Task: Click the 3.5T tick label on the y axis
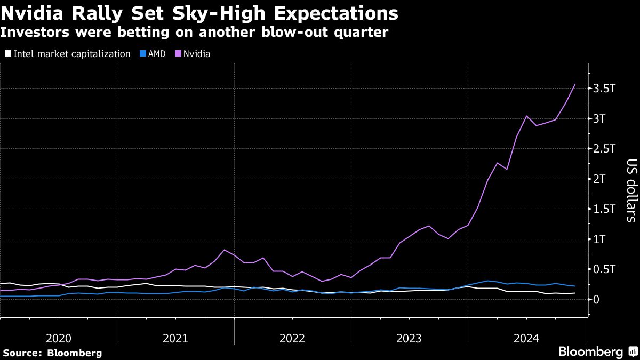[x=604, y=89]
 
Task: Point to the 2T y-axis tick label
[x=601, y=179]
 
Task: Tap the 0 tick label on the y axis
[x=596, y=300]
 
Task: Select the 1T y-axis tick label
[x=601, y=239]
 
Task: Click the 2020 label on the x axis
[x=59, y=338]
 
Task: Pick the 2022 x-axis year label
[x=292, y=338]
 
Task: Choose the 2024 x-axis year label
[x=526, y=338]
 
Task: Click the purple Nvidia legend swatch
[x=178, y=54]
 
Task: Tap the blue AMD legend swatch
[x=142, y=54]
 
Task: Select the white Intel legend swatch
[x=7, y=54]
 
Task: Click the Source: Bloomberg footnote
[x=52, y=353]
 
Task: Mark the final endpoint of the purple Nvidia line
[x=574, y=84]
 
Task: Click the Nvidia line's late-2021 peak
[x=224, y=250]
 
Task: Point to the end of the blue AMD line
[x=574, y=286]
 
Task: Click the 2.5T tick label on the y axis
[x=604, y=149]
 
